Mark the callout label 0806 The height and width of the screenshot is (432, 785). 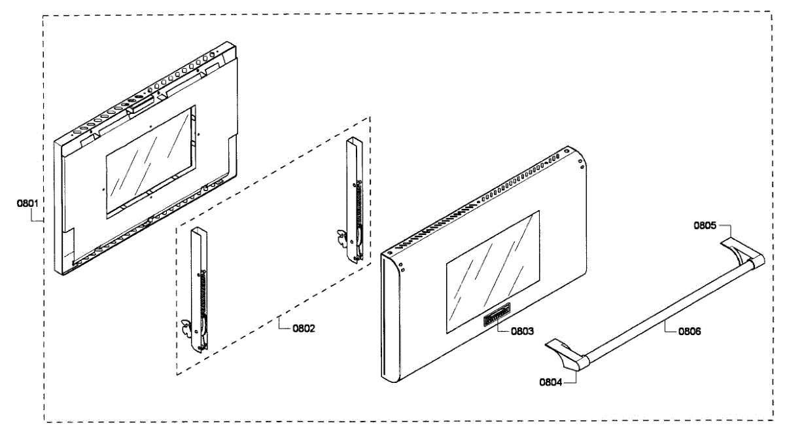(689, 332)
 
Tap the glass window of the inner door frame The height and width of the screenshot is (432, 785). (148, 160)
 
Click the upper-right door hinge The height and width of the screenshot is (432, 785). (353, 200)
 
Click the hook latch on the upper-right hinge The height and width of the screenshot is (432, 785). (340, 237)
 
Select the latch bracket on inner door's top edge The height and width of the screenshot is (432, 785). (141, 101)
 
